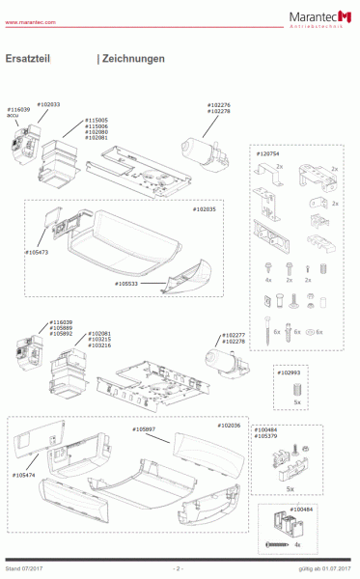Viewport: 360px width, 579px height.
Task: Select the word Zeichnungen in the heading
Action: tap(133, 59)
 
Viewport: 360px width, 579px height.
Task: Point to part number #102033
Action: tap(48, 103)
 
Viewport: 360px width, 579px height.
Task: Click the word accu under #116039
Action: tap(14, 116)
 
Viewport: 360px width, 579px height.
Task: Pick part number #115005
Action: tap(97, 121)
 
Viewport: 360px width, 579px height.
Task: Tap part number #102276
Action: tap(219, 105)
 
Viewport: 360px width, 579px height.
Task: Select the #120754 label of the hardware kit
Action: tap(265, 153)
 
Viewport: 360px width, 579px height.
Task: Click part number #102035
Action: tap(205, 209)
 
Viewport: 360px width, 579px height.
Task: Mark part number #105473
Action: tap(38, 252)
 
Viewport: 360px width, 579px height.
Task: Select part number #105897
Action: tap(146, 427)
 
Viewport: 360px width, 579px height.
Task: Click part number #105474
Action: tap(27, 475)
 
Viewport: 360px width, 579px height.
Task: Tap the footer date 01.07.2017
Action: tap(339, 568)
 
